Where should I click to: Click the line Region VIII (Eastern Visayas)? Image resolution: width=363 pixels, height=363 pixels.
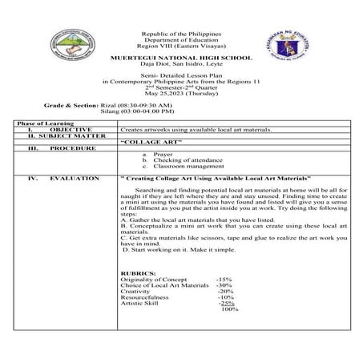[x=182, y=46]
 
